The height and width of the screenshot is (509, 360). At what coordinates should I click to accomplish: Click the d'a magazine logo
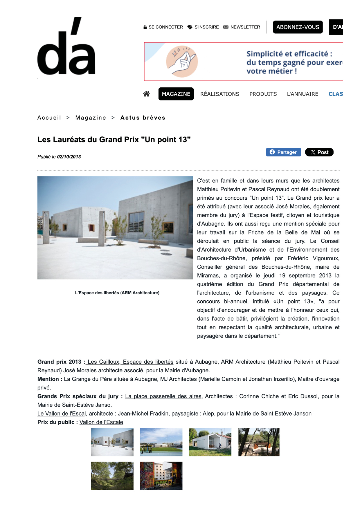coord(66,46)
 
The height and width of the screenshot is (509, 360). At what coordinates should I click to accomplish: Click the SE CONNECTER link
coord(163,27)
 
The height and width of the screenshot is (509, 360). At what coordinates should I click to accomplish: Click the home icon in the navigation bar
coord(146,94)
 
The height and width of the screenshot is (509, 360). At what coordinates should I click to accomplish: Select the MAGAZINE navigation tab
coord(176,94)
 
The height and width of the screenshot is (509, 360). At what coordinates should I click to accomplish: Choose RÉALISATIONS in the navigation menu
coord(220,94)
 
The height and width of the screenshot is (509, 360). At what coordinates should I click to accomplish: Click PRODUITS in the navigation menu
coord(263,94)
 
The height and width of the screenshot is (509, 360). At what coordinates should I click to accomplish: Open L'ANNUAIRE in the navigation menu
coord(303,94)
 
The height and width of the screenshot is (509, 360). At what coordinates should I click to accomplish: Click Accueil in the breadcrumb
coord(49,118)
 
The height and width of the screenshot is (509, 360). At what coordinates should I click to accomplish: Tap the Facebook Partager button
coord(283,152)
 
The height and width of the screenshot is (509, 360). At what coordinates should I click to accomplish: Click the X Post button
coord(319,152)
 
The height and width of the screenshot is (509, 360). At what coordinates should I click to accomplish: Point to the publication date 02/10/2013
coord(69,157)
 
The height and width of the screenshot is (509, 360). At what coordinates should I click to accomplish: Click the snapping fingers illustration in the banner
coord(182,62)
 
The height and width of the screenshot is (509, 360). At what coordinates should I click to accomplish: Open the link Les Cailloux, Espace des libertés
coord(130,362)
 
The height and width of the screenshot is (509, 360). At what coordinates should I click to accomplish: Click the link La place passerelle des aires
coord(163,396)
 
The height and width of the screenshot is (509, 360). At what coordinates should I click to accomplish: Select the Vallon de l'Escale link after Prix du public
coord(101,422)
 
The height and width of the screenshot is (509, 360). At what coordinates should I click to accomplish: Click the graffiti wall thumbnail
coord(161,476)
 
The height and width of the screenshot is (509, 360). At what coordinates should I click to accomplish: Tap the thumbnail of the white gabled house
coord(210,442)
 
